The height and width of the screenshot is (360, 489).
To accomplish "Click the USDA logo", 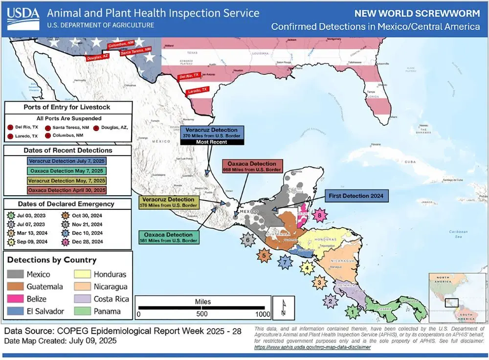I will tap(23, 19).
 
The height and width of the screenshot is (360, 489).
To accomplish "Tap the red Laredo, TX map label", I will tap(198, 90).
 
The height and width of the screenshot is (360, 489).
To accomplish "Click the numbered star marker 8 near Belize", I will tap(320, 215).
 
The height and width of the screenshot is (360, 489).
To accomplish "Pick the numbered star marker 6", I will tap(248, 239).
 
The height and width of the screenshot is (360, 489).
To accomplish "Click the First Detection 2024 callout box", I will tap(355, 196).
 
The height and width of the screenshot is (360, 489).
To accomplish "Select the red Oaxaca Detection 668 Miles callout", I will tap(252, 166).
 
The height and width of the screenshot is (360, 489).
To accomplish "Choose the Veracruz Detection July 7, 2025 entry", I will tap(67, 160).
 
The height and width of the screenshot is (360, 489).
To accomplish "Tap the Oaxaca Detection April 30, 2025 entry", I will tap(67, 189).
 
